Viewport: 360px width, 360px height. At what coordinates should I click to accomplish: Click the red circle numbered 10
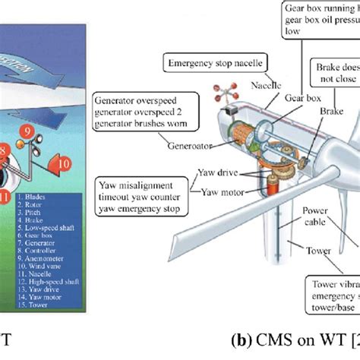coord(64,162)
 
